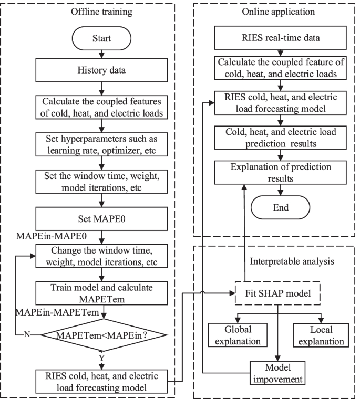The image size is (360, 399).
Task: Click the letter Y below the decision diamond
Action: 106,358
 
